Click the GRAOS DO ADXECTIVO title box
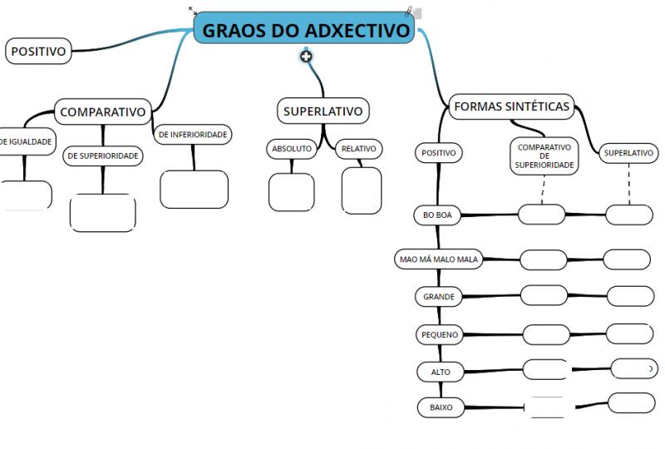point(303,28)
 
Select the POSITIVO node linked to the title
point(38,51)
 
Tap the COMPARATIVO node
point(102,111)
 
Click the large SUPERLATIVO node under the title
point(323,111)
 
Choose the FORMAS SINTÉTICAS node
point(511,106)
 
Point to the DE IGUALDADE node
point(27,141)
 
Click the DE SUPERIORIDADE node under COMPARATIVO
point(102,155)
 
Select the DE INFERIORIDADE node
point(193,135)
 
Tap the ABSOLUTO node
point(292,149)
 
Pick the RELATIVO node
point(359,149)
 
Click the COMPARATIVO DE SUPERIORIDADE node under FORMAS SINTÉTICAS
point(544,155)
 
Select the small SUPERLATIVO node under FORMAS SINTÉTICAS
point(628,153)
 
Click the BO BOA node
point(437,215)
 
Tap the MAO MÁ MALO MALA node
point(439,259)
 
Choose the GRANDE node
point(439,296)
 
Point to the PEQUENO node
point(440,334)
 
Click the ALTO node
point(441,372)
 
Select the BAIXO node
point(441,407)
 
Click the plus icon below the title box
point(306,56)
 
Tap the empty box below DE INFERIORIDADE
point(195,190)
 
